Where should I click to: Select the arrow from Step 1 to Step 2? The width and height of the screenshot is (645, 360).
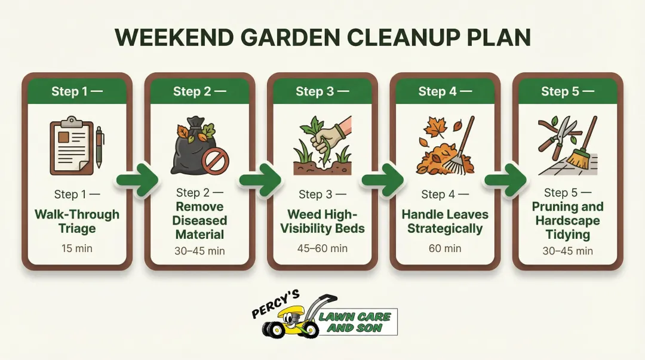pyautogui.click(x=136, y=180)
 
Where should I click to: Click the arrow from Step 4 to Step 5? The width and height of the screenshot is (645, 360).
pyautogui.click(x=505, y=180)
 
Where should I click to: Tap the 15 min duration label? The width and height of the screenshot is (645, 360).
pyautogui.click(x=77, y=248)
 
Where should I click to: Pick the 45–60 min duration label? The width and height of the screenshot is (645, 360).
pyautogui.click(x=322, y=248)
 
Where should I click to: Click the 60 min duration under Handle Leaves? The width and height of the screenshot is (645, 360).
pyautogui.click(x=445, y=248)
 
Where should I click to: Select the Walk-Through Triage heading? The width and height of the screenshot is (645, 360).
pyautogui.click(x=77, y=221)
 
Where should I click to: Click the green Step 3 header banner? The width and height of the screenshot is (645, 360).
pyautogui.click(x=322, y=91)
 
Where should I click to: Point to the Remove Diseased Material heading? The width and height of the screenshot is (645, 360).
pyautogui.click(x=199, y=221)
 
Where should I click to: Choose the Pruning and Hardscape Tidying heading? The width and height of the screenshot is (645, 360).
pyautogui.click(x=567, y=221)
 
